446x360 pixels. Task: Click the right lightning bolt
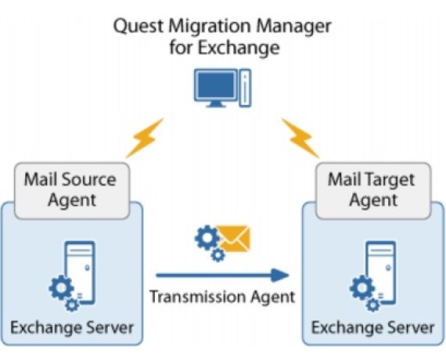300,139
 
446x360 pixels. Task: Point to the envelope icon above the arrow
234,238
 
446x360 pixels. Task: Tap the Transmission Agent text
222,297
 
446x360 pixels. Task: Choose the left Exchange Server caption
71,326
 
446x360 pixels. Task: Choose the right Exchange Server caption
372,327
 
